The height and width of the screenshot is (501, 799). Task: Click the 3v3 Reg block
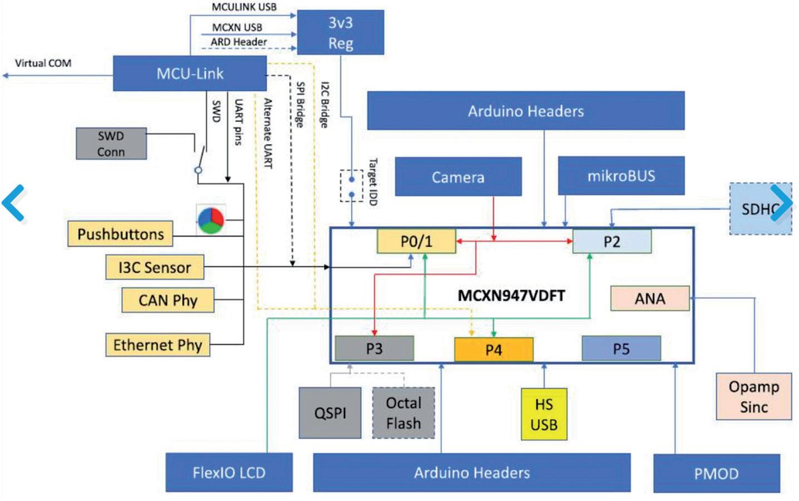click(x=341, y=32)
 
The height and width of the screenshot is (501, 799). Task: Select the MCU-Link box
click(x=190, y=73)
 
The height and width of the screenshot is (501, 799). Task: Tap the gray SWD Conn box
click(x=111, y=144)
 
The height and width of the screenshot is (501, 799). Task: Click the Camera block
click(x=458, y=176)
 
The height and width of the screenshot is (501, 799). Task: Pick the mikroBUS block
click(x=622, y=175)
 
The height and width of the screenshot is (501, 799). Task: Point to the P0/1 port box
click(x=417, y=241)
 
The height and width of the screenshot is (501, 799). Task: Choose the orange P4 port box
click(x=494, y=350)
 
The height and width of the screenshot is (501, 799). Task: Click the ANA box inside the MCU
click(x=650, y=298)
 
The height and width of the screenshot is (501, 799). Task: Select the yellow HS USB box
click(x=544, y=414)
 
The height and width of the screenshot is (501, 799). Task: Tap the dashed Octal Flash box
click(x=404, y=413)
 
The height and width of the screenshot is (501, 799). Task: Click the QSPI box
click(x=330, y=413)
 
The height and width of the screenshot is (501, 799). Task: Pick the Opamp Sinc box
click(x=754, y=396)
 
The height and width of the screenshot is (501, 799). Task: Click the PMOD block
click(x=717, y=474)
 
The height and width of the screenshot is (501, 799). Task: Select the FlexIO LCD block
click(x=229, y=473)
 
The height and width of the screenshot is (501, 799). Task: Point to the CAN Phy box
click(x=168, y=300)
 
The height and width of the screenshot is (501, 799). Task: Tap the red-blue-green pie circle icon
click(x=211, y=220)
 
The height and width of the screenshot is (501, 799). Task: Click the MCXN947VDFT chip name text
click(x=511, y=296)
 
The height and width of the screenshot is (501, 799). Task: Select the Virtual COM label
click(x=43, y=63)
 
